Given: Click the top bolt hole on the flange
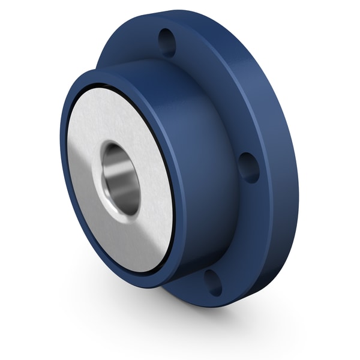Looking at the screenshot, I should [167, 43].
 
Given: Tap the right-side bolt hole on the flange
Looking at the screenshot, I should [248, 167].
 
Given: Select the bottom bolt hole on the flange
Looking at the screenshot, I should [212, 282].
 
